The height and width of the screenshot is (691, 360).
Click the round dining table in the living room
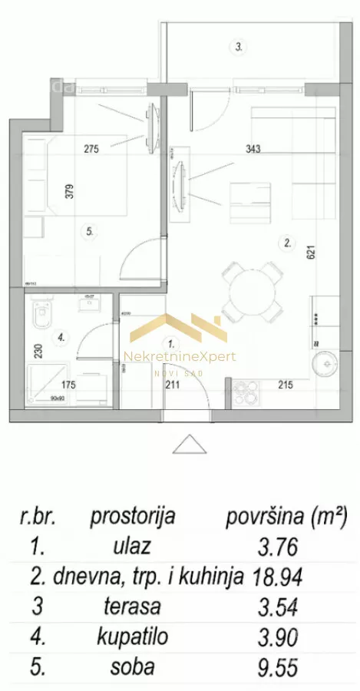tap(249, 291)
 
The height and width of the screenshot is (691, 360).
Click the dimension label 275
tap(93, 149)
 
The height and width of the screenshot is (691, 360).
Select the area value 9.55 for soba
tap(277, 666)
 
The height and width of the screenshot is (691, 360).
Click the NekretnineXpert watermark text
tap(180, 356)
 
